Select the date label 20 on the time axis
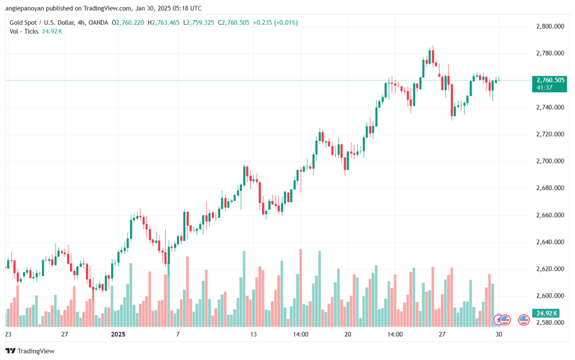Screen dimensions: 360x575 pyautogui.click(x=348, y=334)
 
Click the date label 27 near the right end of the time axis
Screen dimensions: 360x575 pyautogui.click(x=442, y=334)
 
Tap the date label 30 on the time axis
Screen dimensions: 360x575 pyautogui.click(x=499, y=334)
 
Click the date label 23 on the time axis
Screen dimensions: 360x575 pyautogui.click(x=8, y=334)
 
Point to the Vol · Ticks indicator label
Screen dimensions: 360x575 pyautogui.click(x=24, y=31)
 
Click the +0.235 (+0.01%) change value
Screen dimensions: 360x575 pyautogui.click(x=276, y=22)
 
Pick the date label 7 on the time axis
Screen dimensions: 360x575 pyautogui.click(x=177, y=334)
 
